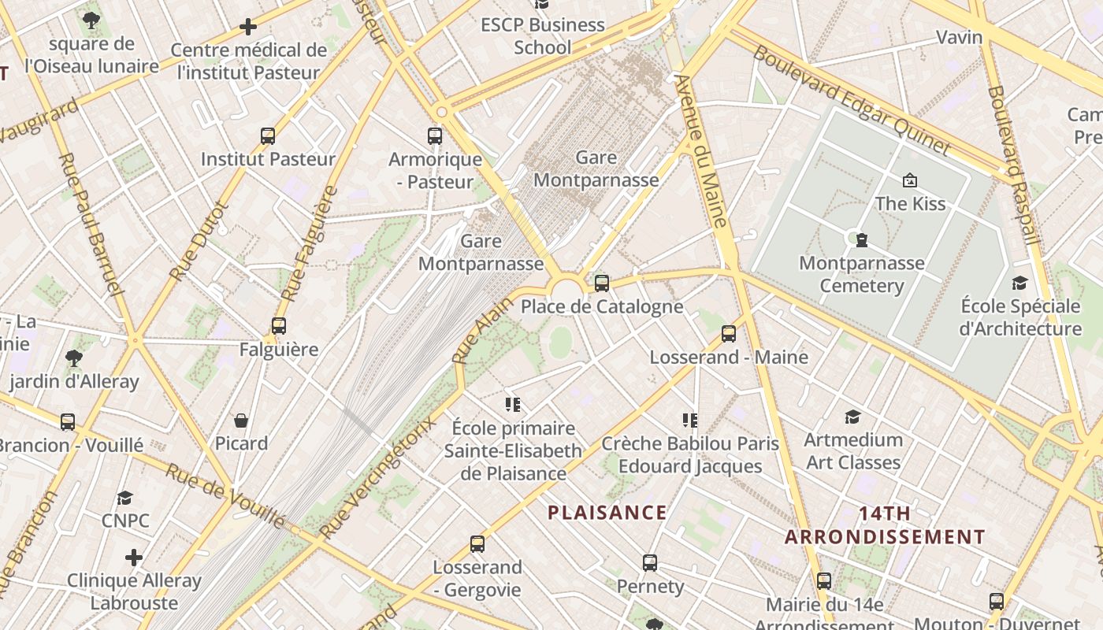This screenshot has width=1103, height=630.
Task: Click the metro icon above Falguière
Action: [278, 325]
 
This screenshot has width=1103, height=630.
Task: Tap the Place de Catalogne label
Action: [602, 306]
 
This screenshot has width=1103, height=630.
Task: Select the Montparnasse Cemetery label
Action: [862, 274]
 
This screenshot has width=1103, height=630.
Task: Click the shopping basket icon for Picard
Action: [241, 421]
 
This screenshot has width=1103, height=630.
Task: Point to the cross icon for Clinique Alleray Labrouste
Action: [134, 558]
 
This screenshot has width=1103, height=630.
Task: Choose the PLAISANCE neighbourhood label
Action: [607, 513]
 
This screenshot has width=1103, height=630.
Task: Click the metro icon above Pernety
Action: [650, 563]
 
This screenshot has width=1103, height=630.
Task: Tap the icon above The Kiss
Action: [910, 180]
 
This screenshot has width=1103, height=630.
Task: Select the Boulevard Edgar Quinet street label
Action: [852, 100]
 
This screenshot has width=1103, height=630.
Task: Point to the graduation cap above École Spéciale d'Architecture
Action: [1020, 283]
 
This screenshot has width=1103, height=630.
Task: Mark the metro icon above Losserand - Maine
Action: [729, 334]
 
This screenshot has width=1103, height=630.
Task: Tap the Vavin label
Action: [959, 37]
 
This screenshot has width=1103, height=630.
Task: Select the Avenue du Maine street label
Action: [700, 150]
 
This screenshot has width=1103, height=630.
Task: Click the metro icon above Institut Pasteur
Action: [268, 136]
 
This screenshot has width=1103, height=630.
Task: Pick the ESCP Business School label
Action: [543, 36]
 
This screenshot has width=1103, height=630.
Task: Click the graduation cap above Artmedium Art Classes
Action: [852, 417]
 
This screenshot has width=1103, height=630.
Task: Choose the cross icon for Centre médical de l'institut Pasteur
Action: [248, 28]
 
